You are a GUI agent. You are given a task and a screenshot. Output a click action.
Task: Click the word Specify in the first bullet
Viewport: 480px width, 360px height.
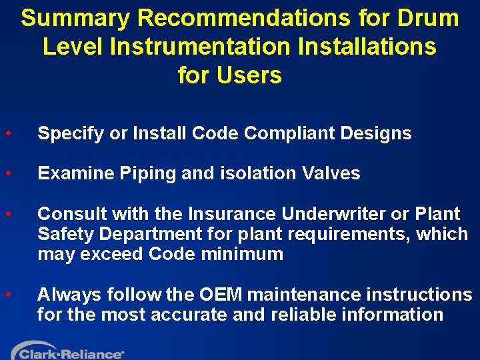click(x=71, y=134)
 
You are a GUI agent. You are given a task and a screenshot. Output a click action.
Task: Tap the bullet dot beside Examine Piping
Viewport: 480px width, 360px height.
click(x=7, y=173)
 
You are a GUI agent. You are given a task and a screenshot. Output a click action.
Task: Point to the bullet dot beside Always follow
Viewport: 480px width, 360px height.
click(x=7, y=294)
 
